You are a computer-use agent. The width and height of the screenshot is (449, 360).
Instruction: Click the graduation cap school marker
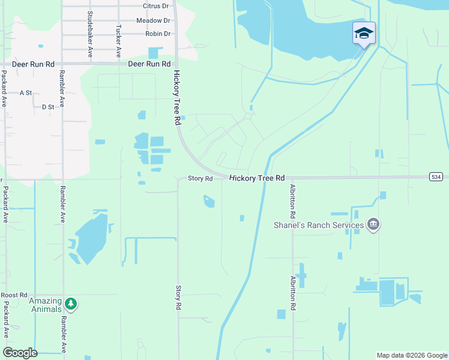pos(364,33)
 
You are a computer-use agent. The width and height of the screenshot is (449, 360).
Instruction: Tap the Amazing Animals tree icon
pos(71,304)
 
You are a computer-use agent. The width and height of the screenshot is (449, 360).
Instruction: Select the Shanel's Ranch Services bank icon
pos(373,225)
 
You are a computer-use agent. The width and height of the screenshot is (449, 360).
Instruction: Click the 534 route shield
pos(436,177)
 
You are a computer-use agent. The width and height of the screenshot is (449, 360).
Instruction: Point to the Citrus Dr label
pos(156,6)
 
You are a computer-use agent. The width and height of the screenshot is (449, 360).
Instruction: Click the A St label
pos(25,93)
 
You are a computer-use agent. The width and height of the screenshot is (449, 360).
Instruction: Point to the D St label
pos(48,107)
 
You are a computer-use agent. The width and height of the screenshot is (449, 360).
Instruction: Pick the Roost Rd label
pos(14,295)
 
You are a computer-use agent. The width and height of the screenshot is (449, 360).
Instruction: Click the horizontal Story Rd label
pos(200,179)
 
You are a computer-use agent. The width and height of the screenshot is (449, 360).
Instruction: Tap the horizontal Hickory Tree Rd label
pos(257,178)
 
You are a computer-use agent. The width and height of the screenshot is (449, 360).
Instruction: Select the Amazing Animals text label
pos(46,305)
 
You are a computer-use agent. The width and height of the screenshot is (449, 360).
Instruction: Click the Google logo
pos(20,353)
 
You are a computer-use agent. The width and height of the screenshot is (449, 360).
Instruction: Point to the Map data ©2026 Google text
pos(411,355)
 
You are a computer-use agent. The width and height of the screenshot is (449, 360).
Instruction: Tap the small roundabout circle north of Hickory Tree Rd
pos(247,116)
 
